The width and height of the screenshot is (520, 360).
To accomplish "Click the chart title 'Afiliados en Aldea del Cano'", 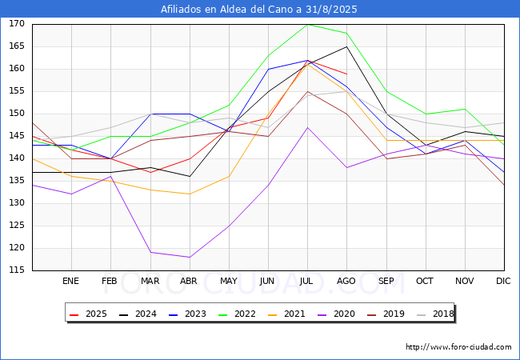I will coord(259,10).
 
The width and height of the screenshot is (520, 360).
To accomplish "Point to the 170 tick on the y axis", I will coord(17,24).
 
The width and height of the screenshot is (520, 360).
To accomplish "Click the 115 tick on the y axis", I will coord(17,270).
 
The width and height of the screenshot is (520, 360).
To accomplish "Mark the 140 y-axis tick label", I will coord(17,158).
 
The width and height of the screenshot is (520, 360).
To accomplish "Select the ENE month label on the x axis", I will coord(71,282).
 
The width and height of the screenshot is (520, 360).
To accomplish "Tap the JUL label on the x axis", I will coord(307,282).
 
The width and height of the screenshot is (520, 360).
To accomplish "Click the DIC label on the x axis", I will coord(503,282).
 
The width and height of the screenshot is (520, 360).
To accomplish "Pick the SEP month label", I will coord(386,282).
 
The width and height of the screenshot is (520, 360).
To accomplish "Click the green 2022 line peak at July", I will coord(307,24).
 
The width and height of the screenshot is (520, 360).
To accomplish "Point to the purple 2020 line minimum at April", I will coord(189,257).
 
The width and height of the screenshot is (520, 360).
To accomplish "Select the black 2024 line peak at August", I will coord(346,46).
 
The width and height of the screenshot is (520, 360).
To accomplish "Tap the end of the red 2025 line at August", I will coord(346,74).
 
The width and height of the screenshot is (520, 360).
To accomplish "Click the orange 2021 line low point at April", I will coord(189,194).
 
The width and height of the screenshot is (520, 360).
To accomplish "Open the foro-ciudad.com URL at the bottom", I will coord(458,347).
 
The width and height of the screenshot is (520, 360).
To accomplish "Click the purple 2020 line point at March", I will coord(150,252).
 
